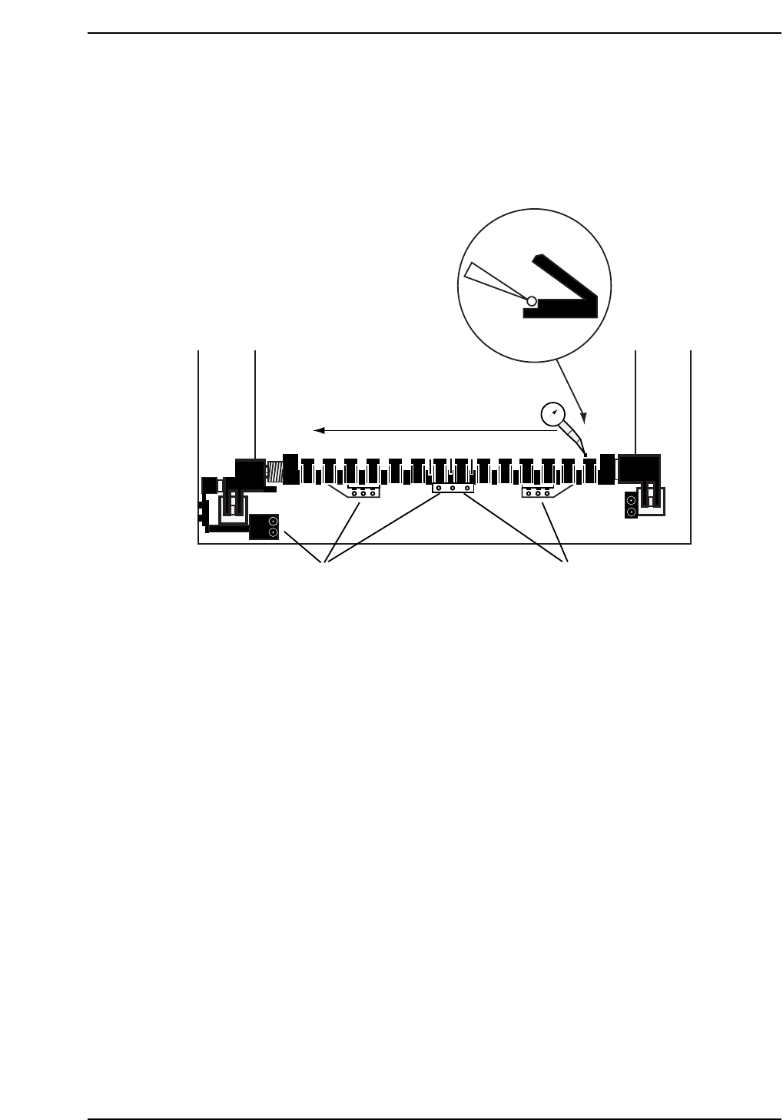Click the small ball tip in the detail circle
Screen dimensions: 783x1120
tap(531, 300)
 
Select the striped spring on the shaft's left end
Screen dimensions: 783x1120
tap(274, 472)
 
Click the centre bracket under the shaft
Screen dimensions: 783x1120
tap(453, 487)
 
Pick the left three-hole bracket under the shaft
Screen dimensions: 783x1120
tap(363, 492)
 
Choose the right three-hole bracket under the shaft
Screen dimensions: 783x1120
tap(538, 492)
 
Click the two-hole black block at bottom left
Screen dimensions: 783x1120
tap(264, 527)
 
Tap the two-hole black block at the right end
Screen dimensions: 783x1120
tap(631, 505)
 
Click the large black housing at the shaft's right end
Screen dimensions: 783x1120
tap(639, 468)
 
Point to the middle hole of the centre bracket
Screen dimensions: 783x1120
tap(453, 488)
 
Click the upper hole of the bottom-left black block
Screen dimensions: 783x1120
tap(273, 521)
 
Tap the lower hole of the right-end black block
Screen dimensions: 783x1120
tap(631, 511)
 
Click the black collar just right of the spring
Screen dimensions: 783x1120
tap(290, 469)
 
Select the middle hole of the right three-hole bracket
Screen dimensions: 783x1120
tap(538, 492)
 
